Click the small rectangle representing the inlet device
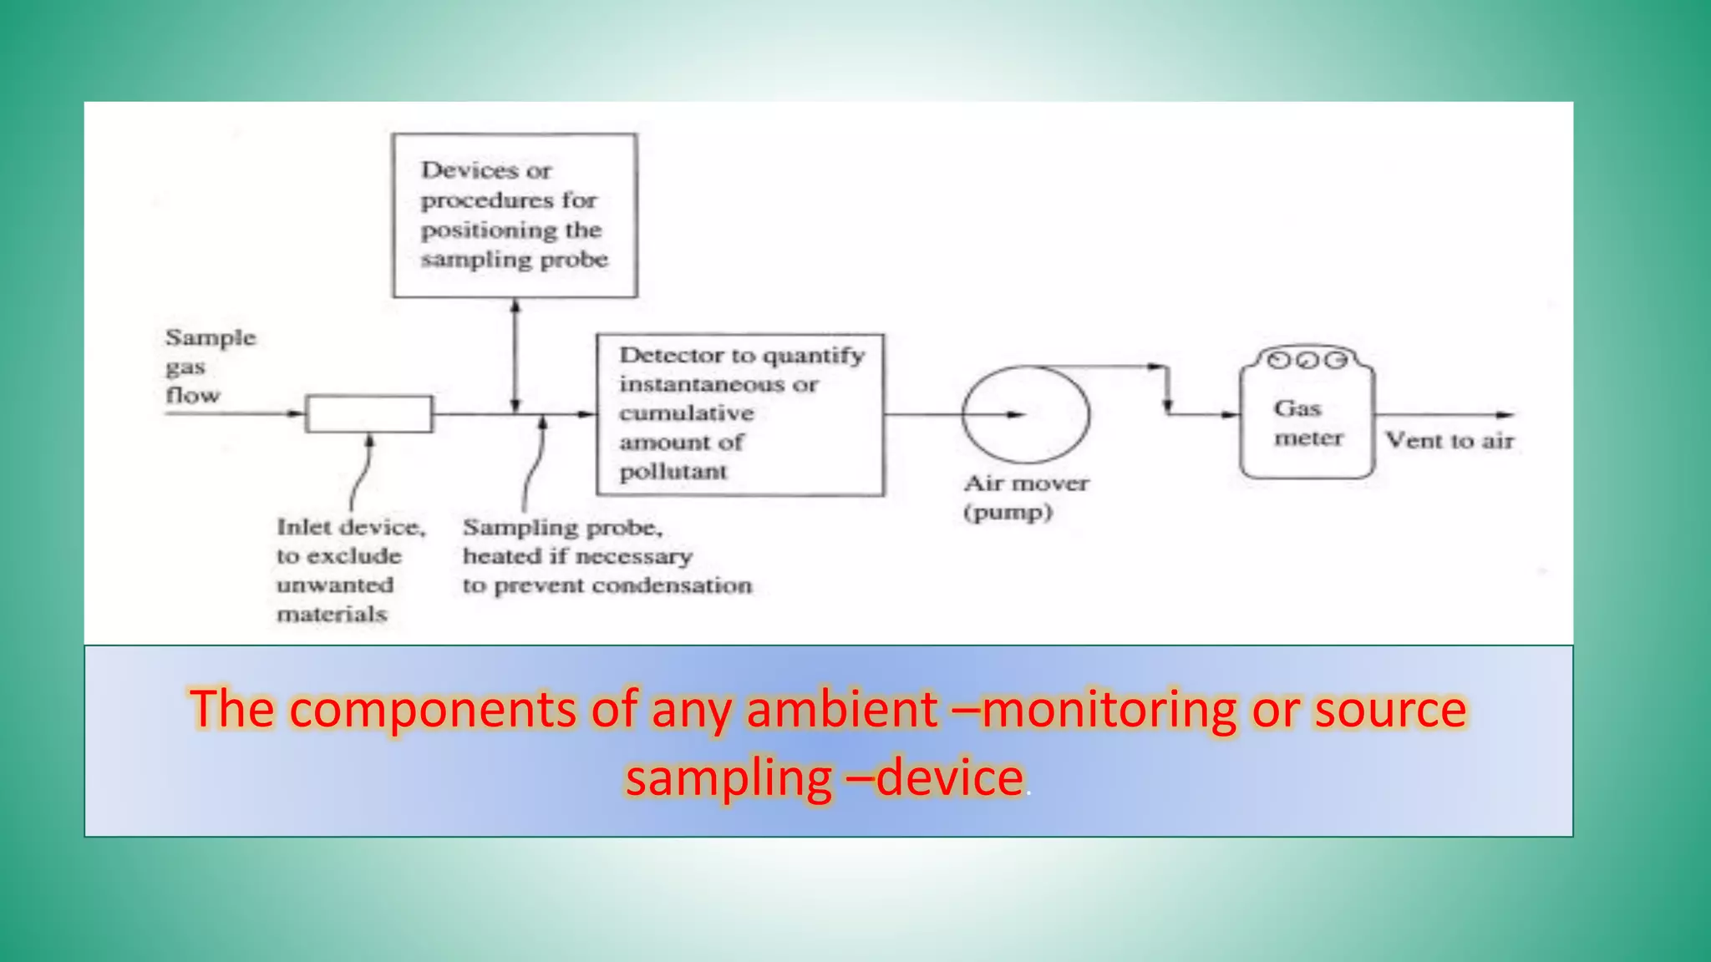(x=369, y=414)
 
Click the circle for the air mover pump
(x=1026, y=414)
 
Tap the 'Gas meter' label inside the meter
(x=1307, y=423)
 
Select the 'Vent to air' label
(x=1450, y=441)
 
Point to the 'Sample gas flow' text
(x=209, y=367)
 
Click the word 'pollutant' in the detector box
(x=673, y=472)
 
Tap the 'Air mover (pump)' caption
(x=1026, y=498)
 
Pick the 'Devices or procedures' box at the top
(x=515, y=215)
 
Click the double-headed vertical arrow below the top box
(x=515, y=356)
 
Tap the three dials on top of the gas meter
(x=1307, y=360)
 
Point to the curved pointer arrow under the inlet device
(x=362, y=472)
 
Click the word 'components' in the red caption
(x=433, y=710)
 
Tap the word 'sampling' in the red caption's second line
(x=729, y=778)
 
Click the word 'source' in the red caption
(x=1389, y=710)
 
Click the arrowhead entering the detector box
(x=587, y=414)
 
